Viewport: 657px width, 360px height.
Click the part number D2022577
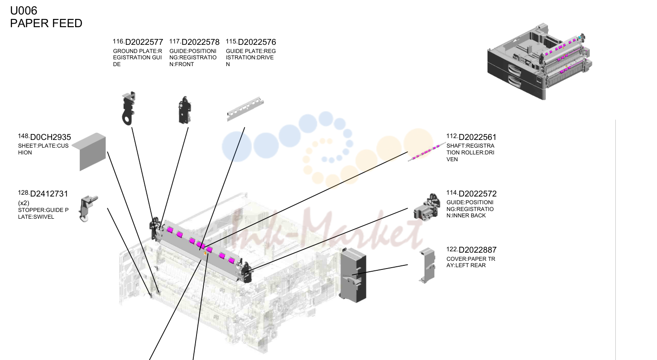(144, 42)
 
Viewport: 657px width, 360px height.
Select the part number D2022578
(200, 42)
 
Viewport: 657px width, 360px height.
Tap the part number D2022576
(257, 42)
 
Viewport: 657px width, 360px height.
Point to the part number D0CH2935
(50, 137)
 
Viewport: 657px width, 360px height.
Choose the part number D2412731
(49, 194)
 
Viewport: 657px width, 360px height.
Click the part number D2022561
(478, 137)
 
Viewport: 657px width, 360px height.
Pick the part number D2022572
(478, 194)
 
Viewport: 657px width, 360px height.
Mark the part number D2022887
(478, 250)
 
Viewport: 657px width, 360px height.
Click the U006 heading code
(24, 11)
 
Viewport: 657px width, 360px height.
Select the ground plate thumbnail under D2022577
(129, 108)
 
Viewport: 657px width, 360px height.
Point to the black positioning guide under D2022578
(184, 110)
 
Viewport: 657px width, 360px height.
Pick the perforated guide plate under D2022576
(245, 109)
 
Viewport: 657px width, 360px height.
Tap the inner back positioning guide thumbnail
(427, 207)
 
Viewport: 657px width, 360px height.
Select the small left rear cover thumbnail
(427, 265)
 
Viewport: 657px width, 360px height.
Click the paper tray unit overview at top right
(540, 62)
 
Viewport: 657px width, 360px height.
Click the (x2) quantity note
(24, 203)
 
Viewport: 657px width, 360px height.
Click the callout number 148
(23, 136)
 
